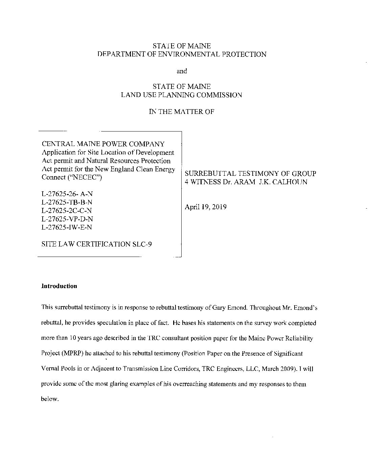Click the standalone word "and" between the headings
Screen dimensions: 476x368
tap(182, 71)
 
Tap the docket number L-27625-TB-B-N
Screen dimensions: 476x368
tap(67, 202)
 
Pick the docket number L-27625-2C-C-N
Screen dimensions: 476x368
tap(67, 211)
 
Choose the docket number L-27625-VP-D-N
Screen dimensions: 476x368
tap(67, 219)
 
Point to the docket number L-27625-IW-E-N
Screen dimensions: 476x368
tap(66, 227)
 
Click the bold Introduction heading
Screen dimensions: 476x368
tap(59, 286)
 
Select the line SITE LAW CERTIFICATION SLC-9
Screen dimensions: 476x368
tap(96, 244)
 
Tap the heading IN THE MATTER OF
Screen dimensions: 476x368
tap(182, 112)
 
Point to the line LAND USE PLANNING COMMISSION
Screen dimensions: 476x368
tap(182, 95)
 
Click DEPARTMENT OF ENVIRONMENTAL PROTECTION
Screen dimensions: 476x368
tap(182, 54)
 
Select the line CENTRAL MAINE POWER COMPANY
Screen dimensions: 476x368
tap(103, 144)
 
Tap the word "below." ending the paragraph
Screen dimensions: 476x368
tap(50, 399)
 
